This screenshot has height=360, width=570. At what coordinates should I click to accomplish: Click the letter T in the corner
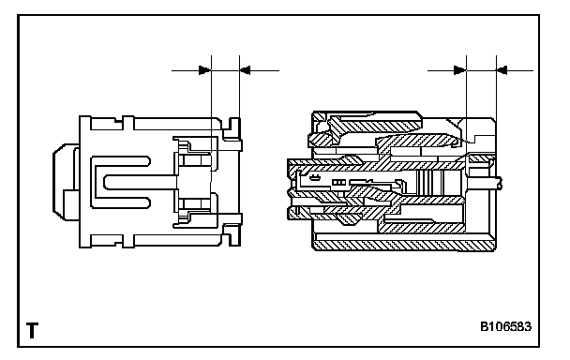[33, 330]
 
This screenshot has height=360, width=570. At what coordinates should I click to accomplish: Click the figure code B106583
[505, 326]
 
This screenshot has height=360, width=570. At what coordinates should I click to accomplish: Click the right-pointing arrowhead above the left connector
[204, 70]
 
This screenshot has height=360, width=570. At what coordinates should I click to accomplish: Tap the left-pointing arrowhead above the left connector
[246, 70]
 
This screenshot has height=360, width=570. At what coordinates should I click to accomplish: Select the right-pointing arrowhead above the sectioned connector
[460, 70]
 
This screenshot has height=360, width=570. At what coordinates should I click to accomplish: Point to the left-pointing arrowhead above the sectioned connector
[502, 70]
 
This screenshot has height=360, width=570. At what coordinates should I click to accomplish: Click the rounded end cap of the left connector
[66, 182]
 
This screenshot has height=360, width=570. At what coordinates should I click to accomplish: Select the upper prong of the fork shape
[121, 162]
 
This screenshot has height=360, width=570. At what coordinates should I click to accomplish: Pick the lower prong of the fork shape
[121, 202]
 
